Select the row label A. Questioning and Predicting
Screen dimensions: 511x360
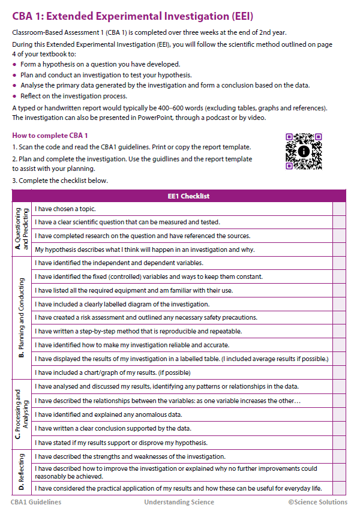click(22, 229)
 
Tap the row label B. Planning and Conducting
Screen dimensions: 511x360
click(22, 318)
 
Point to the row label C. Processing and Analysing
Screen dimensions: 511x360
click(22, 413)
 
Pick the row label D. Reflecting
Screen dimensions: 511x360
click(22, 472)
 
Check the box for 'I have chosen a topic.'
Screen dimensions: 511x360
click(339, 209)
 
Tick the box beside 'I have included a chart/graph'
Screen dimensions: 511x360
click(339, 372)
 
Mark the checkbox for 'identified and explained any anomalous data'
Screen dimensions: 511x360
click(339, 414)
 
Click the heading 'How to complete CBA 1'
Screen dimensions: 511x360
click(50, 135)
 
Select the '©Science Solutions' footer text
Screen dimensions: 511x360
click(317, 502)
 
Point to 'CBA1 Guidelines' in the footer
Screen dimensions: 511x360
click(36, 502)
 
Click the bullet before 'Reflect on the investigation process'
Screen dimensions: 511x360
click(14, 96)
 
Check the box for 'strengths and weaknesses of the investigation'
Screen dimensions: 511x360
click(339, 456)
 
